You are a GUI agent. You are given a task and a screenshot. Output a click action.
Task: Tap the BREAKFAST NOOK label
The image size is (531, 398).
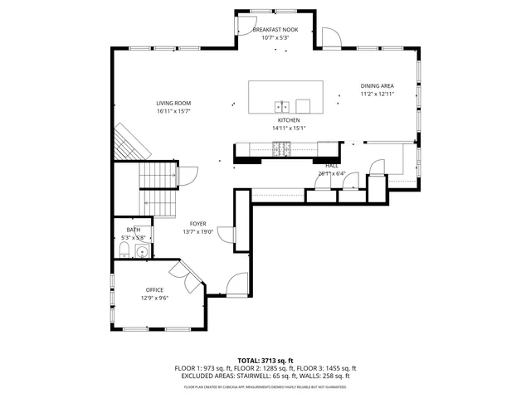click(x=275, y=30)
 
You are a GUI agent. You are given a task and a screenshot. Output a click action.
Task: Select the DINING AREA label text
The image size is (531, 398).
click(x=377, y=86)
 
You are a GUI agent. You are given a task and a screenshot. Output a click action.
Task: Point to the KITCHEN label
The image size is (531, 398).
click(x=289, y=120)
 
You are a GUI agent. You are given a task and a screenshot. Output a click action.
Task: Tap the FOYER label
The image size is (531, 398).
click(x=197, y=224)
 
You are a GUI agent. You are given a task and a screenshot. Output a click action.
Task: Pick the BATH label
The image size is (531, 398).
click(x=133, y=230)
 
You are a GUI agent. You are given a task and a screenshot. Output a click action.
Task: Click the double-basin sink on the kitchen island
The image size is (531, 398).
click(x=282, y=105)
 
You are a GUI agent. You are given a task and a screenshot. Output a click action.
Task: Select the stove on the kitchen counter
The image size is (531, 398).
click(x=282, y=149)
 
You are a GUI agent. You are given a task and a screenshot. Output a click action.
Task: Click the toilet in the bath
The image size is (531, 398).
click(x=123, y=251)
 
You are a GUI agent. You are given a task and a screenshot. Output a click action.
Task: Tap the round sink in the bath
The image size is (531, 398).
click(x=142, y=253)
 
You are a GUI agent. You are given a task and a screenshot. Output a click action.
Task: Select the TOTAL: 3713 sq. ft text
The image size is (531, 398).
click(x=265, y=359)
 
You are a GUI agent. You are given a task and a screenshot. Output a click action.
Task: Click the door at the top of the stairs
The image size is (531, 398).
click(x=187, y=176)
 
